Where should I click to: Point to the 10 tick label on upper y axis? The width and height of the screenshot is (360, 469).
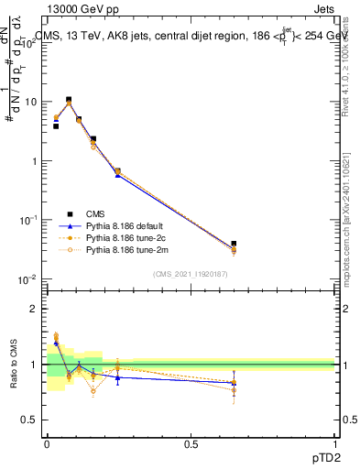pos(30,103)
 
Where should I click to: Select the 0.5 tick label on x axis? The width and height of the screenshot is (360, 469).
pos(191,444)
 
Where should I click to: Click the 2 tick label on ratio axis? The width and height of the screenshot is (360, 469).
pos(36,310)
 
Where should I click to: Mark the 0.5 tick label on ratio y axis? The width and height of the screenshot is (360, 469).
pos(32,420)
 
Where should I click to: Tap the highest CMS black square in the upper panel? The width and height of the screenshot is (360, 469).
pos(69,100)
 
